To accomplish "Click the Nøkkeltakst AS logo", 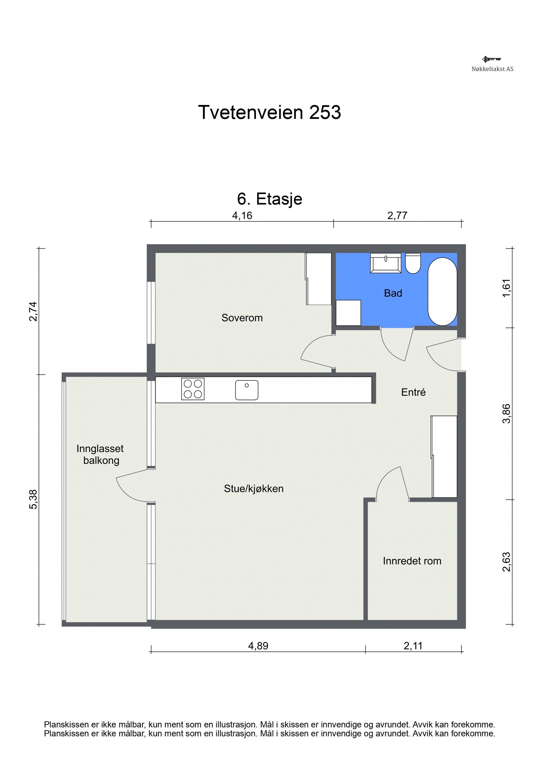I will pyautogui.click(x=492, y=63).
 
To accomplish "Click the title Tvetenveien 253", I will pyautogui.click(x=269, y=112).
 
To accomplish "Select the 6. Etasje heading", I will pyautogui.click(x=269, y=199).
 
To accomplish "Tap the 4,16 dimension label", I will pyautogui.click(x=242, y=215).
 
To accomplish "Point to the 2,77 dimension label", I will pyautogui.click(x=397, y=215).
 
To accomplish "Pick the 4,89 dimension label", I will pyautogui.click(x=258, y=646).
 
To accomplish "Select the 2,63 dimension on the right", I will pyautogui.click(x=507, y=562).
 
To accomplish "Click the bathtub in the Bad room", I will pyautogui.click(x=442, y=292).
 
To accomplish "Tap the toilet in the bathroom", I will pyautogui.click(x=413, y=263).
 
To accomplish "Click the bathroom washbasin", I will pyautogui.click(x=385, y=263).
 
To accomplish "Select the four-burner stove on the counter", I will pyautogui.click(x=193, y=389).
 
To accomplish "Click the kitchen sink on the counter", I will pyautogui.click(x=247, y=390).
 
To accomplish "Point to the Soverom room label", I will pyautogui.click(x=242, y=318).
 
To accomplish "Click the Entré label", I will pyautogui.click(x=413, y=392).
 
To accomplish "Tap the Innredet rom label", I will pyautogui.click(x=412, y=561).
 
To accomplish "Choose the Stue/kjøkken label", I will pyautogui.click(x=253, y=489).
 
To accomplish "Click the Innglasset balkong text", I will pyautogui.click(x=100, y=454).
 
